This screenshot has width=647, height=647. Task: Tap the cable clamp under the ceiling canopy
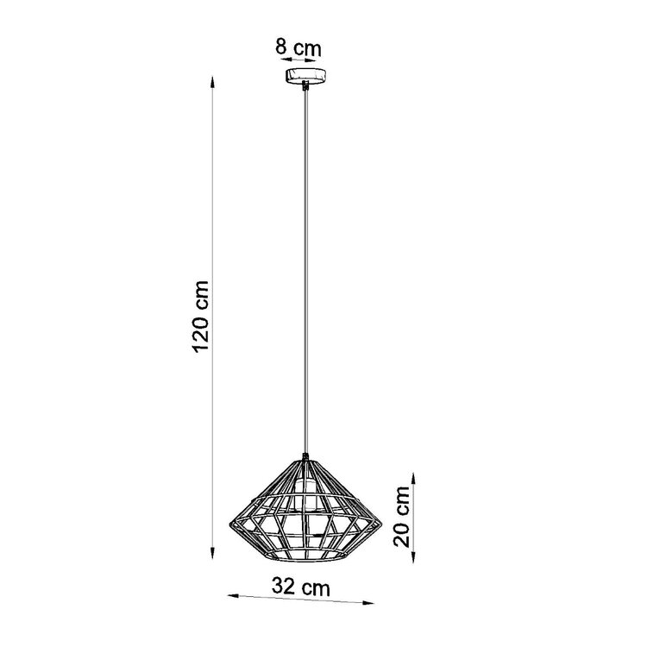pos(305,85)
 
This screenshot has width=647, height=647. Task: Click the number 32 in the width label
pos(283,587)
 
